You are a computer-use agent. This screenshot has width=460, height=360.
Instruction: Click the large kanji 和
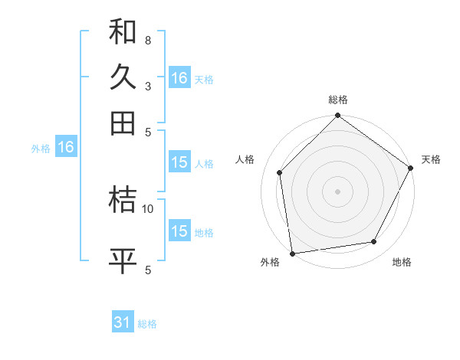(123, 32)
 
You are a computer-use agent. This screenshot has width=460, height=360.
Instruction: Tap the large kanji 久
(123, 77)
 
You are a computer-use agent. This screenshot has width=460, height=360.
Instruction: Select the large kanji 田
(123, 123)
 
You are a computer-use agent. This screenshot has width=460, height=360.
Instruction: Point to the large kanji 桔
(123, 201)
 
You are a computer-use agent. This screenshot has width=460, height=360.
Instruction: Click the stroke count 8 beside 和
(147, 40)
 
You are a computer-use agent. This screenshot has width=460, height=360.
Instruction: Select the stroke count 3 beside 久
(147, 86)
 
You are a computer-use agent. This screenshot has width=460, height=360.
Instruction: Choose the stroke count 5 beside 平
(147, 270)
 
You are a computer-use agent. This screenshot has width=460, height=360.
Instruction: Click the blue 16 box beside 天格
(179, 78)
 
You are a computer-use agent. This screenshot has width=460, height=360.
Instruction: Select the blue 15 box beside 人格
(179, 162)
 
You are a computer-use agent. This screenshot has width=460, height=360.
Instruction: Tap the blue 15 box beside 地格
(179, 231)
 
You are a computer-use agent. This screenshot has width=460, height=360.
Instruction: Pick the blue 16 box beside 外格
(66, 147)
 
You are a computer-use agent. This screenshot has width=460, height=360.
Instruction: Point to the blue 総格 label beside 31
(147, 324)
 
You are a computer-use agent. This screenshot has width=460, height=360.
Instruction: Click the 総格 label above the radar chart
(338, 100)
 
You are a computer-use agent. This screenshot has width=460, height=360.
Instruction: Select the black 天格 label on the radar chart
(431, 159)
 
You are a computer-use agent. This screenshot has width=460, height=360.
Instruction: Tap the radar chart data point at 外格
(292, 253)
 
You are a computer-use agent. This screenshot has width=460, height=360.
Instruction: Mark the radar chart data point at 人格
(280, 172)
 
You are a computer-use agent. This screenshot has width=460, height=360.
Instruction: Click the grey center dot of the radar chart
(338, 191)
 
